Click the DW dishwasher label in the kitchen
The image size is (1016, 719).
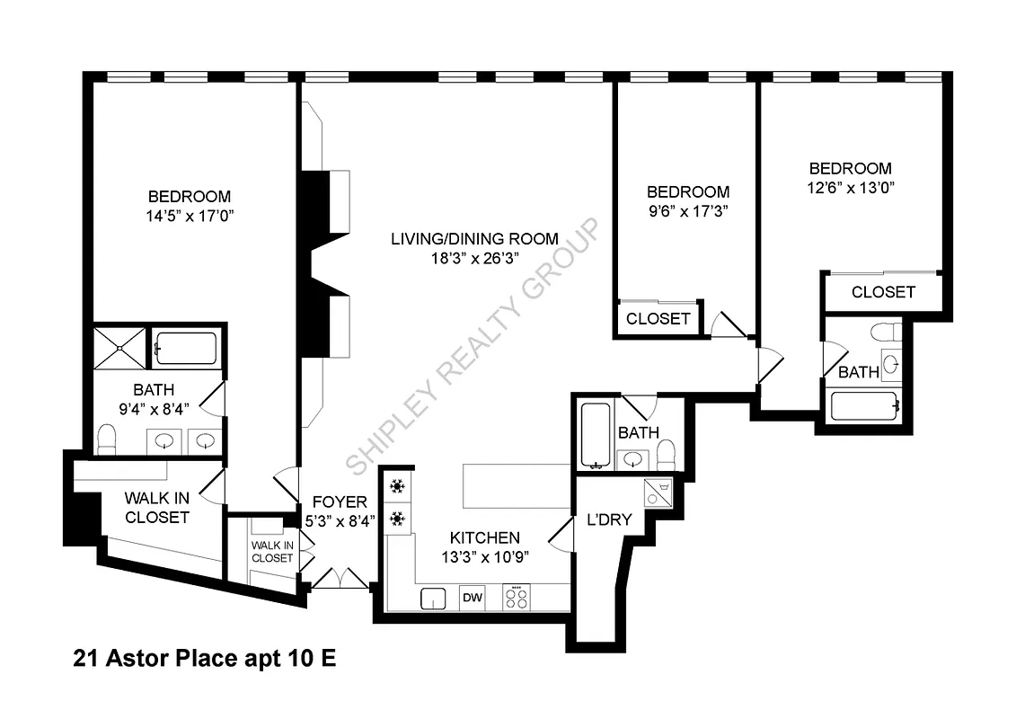472,597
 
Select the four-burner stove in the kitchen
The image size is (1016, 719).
517,597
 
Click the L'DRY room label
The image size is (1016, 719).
609,519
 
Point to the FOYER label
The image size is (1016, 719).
340,502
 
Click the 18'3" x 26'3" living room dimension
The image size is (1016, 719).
474,258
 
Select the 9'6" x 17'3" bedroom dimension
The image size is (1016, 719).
688,211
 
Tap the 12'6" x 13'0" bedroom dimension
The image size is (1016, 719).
851,188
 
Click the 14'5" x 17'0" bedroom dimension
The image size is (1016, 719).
189,216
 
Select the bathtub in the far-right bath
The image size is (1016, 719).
863,406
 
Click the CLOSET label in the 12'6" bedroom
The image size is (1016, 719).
883,292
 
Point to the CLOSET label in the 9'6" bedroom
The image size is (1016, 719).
658,319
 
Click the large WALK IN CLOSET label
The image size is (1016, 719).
157,507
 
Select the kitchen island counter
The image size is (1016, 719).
517,485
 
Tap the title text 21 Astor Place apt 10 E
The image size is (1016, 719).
204,659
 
